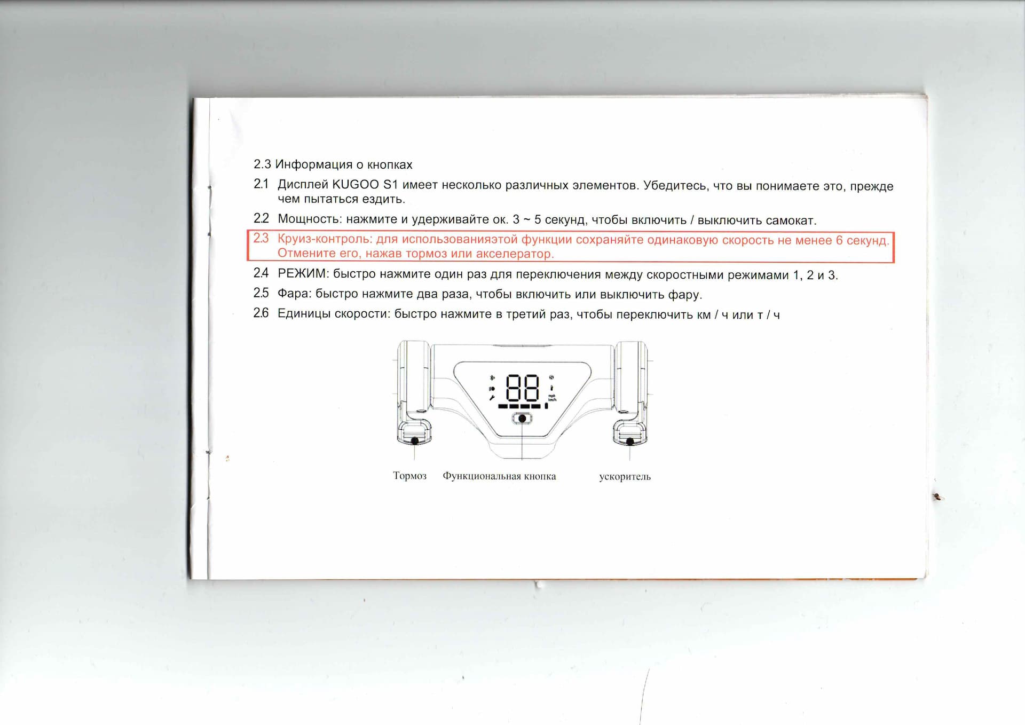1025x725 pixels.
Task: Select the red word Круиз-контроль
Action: click(x=325, y=239)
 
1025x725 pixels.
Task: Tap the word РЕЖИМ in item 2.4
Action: click(x=303, y=273)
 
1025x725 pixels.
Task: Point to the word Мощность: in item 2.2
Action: click(x=310, y=219)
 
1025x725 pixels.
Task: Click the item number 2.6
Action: click(x=261, y=313)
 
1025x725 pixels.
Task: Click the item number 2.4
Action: click(x=261, y=273)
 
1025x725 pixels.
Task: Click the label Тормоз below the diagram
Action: click(x=409, y=476)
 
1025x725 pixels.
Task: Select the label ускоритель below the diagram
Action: click(x=625, y=477)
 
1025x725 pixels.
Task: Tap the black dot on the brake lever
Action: click(x=415, y=441)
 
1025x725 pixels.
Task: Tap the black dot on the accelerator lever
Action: click(x=630, y=442)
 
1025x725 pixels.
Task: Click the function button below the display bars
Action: click(x=522, y=419)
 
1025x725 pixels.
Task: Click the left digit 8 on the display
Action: click(x=514, y=388)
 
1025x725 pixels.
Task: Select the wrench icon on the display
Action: click(x=492, y=398)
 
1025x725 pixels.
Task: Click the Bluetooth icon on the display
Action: click(x=492, y=378)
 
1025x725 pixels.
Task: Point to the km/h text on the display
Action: click(x=552, y=399)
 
